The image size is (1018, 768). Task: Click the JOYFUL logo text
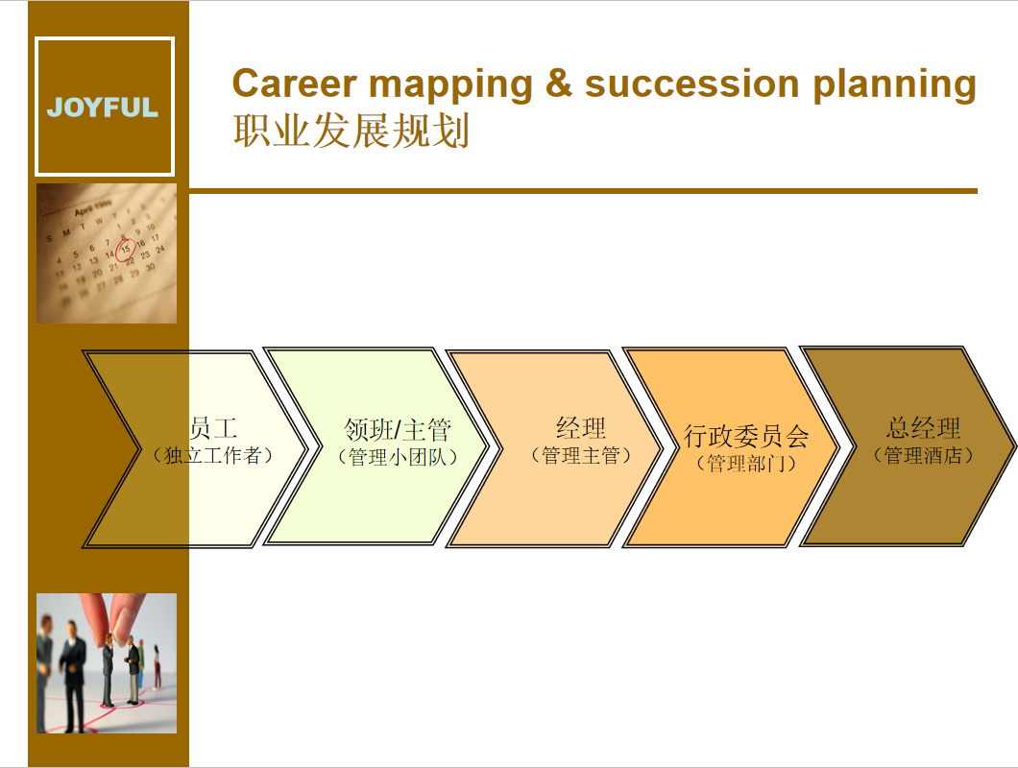[103, 108]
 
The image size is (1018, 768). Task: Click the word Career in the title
[295, 84]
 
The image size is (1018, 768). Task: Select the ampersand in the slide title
[558, 84]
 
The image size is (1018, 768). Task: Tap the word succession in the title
[692, 84]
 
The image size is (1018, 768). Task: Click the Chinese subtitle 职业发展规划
[351, 132]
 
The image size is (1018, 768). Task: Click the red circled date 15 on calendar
[125, 248]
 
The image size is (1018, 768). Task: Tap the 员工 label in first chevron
[213, 428]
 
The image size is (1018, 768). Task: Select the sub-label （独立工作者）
[212, 455]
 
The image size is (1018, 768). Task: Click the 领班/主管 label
[398, 430]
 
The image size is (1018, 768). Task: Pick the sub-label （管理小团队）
[398, 457]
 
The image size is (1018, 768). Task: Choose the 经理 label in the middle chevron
[581, 428]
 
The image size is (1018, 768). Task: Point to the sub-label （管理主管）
[581, 455]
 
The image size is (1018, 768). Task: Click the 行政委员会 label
[746, 436]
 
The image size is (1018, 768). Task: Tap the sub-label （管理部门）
[746, 463]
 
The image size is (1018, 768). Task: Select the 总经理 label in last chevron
[923, 428]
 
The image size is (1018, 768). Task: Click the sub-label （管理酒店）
[923, 455]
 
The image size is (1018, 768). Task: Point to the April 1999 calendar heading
[92, 207]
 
